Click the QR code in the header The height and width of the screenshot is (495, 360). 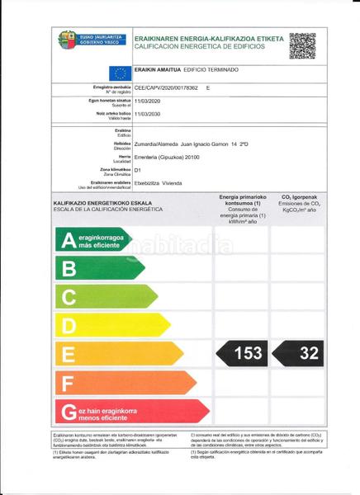coord(302,46)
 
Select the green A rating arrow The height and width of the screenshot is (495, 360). coord(92,239)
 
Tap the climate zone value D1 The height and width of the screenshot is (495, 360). coord(139,170)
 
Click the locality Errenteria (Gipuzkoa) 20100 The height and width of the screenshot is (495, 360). coord(173,157)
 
